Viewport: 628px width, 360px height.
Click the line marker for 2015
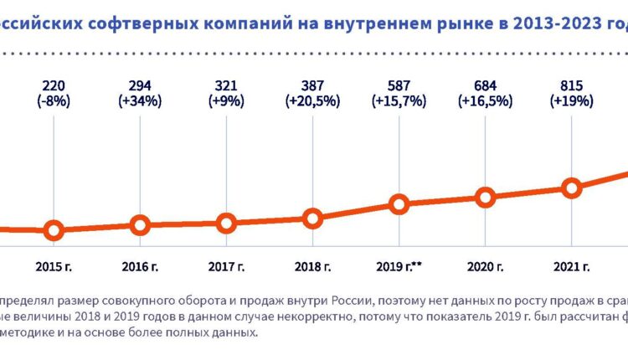[x=54, y=230]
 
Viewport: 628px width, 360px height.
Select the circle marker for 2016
[x=140, y=224]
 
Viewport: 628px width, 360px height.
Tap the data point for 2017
[x=226, y=223]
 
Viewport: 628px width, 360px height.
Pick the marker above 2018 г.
[x=312, y=219]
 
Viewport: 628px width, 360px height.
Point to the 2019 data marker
[x=399, y=204]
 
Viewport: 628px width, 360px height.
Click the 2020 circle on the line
[x=485, y=198]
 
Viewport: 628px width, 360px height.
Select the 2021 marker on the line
[x=571, y=188]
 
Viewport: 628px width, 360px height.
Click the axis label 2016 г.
[x=140, y=267]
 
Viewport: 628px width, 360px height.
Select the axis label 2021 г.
[x=571, y=267]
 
